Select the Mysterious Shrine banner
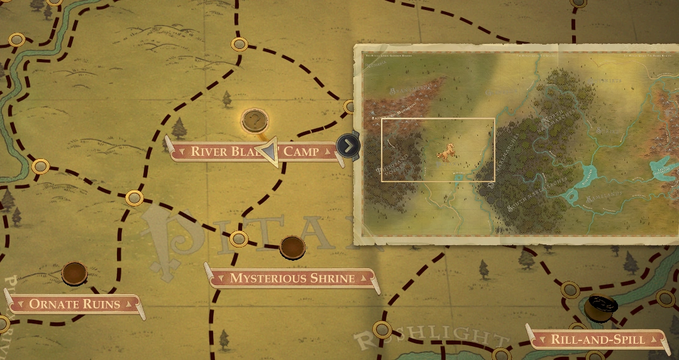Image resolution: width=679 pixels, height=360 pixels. (292, 278)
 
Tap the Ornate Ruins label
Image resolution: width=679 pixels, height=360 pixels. (74, 305)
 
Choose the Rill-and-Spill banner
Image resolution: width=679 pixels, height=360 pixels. (597, 340)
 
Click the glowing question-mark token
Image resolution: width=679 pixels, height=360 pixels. (255, 120)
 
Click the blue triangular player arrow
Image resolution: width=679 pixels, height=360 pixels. (270, 153)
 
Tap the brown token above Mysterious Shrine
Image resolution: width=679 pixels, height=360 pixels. (292, 247)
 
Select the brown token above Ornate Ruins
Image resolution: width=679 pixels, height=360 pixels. (74, 273)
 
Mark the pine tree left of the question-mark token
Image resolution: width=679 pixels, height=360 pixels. (180, 129)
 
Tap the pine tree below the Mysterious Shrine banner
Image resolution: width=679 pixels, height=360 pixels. (224, 339)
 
